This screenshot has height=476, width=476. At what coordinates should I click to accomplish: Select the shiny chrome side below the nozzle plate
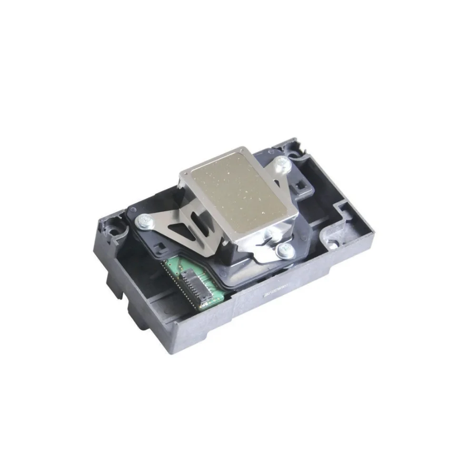coord(248,243)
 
